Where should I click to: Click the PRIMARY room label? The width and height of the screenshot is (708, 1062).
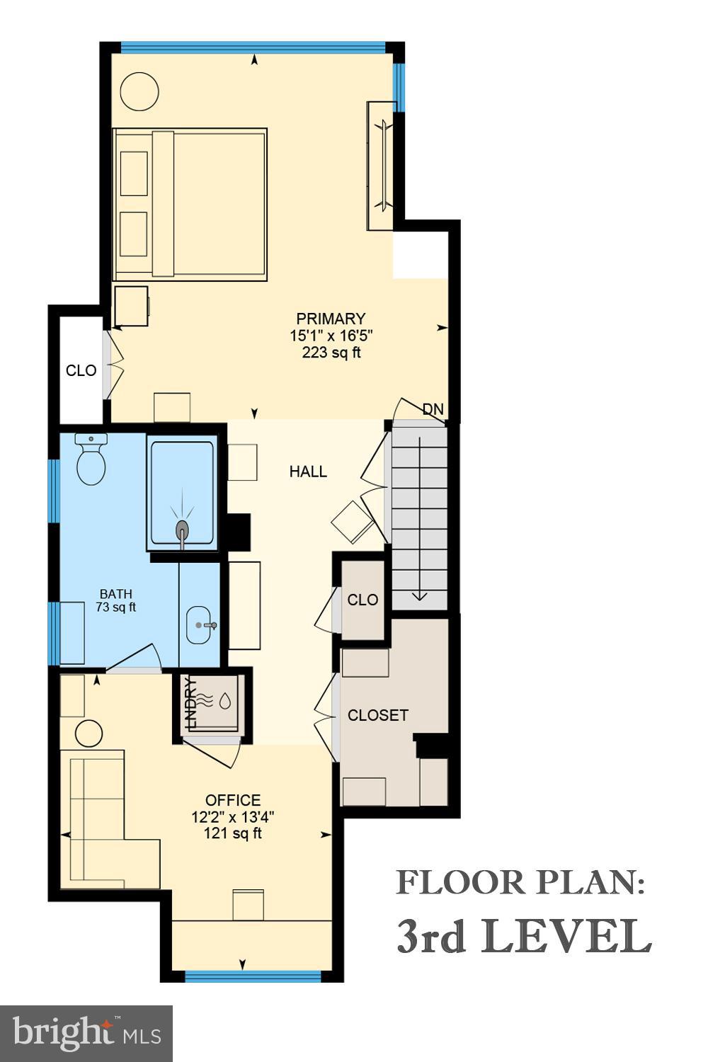click(x=331, y=319)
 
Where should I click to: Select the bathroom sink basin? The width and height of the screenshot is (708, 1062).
click(x=200, y=625)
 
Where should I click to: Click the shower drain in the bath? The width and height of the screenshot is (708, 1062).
click(x=183, y=528)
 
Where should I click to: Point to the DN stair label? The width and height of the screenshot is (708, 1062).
click(x=433, y=409)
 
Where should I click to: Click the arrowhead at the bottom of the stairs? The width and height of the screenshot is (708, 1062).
click(x=419, y=596)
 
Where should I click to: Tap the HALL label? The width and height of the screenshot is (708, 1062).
click(x=308, y=472)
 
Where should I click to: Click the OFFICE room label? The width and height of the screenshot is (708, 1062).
click(x=233, y=800)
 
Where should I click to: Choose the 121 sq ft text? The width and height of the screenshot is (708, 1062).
click(x=233, y=833)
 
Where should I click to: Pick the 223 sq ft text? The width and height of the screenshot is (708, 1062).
click(x=331, y=353)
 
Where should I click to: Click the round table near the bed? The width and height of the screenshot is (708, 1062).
click(x=139, y=91)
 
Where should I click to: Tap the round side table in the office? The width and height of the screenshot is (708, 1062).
click(x=88, y=733)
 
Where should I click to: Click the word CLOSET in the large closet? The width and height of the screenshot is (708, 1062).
click(x=378, y=715)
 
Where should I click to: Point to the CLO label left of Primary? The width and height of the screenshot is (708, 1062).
click(x=81, y=370)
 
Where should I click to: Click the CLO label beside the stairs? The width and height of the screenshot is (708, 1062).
click(x=362, y=600)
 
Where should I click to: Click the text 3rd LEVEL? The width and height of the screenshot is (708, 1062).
click(x=523, y=937)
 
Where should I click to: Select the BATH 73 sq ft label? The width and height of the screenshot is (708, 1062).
click(x=115, y=600)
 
